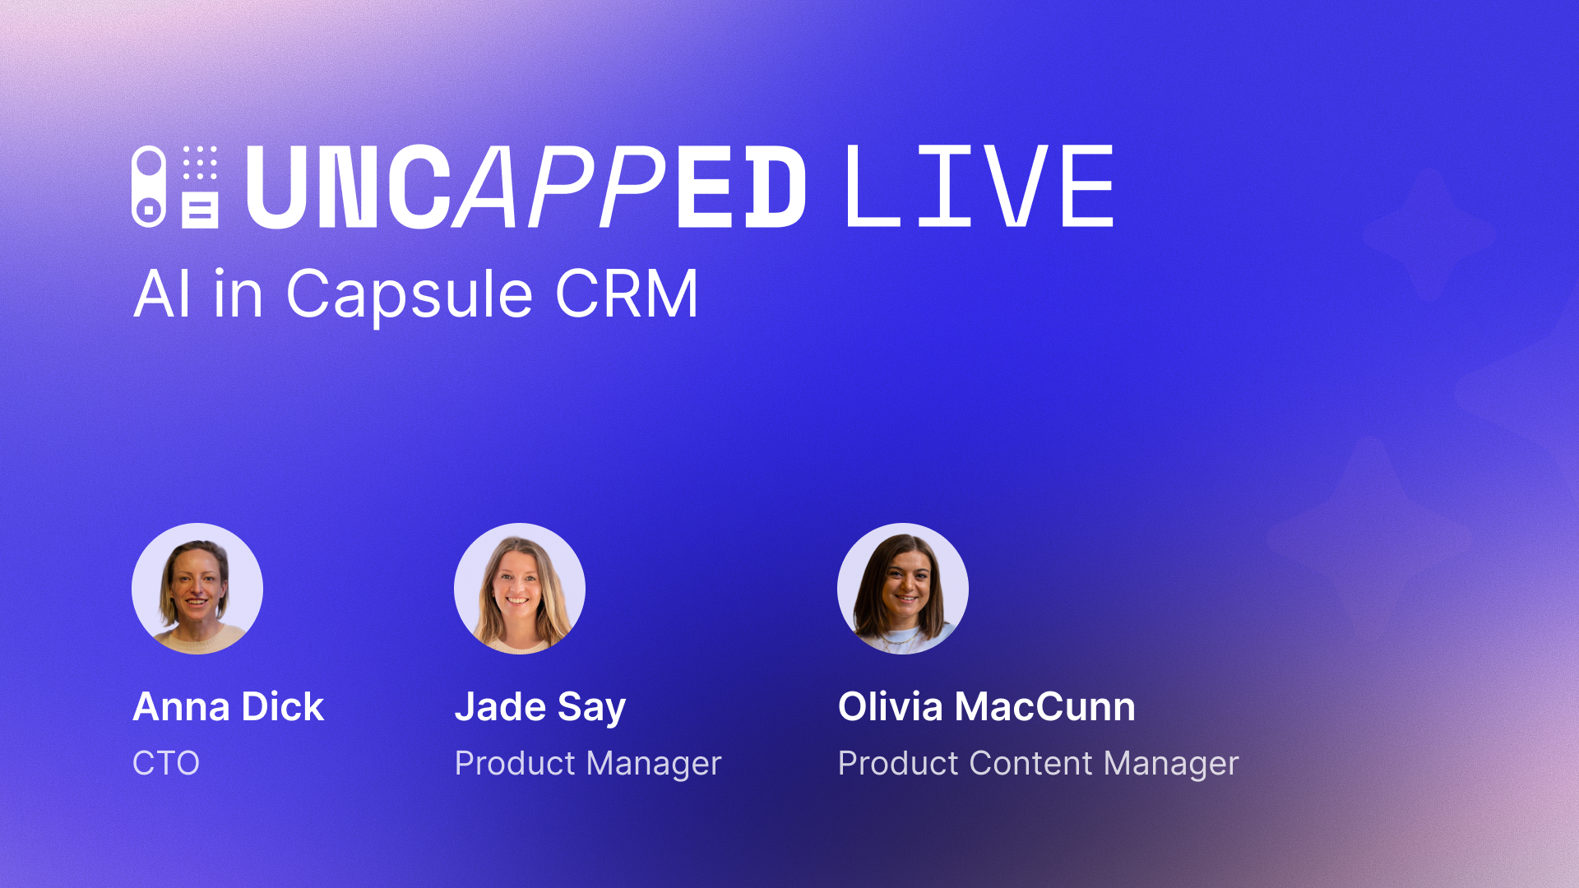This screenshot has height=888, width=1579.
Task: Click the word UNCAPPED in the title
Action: click(x=526, y=187)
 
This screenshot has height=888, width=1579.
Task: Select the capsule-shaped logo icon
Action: click(x=149, y=187)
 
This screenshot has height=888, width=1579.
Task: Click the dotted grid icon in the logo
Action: click(x=200, y=163)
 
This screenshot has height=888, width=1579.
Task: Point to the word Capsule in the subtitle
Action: click(x=410, y=294)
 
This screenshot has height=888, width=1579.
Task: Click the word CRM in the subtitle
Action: click(x=627, y=294)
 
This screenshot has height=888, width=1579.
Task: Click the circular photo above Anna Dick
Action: click(x=197, y=589)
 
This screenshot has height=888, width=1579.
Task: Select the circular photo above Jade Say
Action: click(x=520, y=589)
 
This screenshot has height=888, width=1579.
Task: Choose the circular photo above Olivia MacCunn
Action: click(x=903, y=589)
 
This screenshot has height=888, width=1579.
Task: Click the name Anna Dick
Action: click(x=229, y=707)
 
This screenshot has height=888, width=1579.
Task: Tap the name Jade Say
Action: click(x=540, y=707)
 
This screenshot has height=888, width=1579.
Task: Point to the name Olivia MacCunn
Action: click(x=987, y=707)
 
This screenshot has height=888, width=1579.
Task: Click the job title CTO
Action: click(x=166, y=763)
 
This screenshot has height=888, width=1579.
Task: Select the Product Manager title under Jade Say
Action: click(x=588, y=763)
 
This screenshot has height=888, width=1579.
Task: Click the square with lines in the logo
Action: click(x=200, y=210)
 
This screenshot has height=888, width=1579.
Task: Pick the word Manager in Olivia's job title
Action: click(x=1171, y=763)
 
